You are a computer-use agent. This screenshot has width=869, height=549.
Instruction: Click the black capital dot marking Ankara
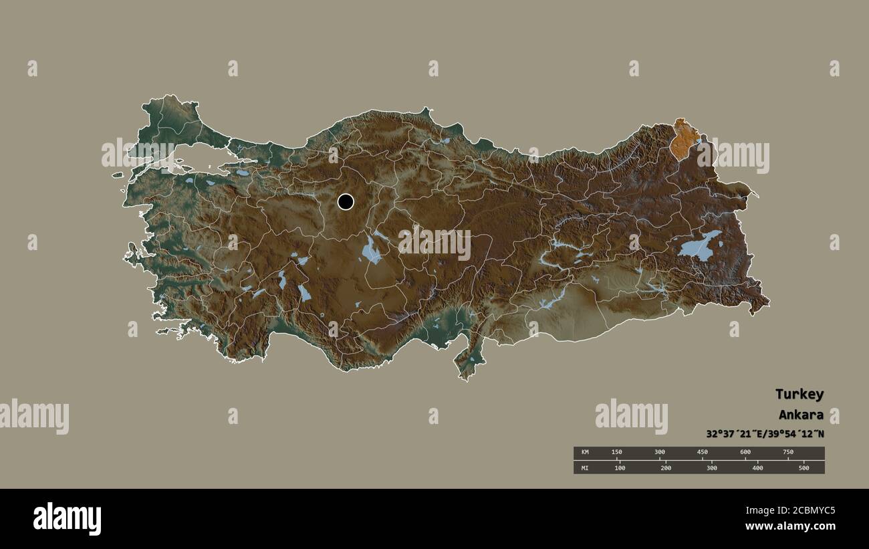(x=346, y=201)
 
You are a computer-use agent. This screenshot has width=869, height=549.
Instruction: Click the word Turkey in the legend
(x=799, y=394)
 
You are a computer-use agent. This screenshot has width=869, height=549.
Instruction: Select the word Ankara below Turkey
(x=801, y=415)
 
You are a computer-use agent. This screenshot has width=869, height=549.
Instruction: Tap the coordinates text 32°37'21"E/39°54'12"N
(x=765, y=433)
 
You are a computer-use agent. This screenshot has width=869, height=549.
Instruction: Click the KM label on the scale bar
(x=584, y=453)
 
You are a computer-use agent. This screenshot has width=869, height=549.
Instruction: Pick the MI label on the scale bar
(x=584, y=468)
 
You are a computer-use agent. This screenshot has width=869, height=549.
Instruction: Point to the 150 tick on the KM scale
(x=617, y=453)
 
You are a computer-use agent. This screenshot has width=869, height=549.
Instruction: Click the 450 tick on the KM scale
(x=703, y=453)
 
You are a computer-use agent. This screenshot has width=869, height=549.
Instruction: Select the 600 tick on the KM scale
(x=745, y=453)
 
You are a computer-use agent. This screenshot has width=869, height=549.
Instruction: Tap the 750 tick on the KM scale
(x=788, y=453)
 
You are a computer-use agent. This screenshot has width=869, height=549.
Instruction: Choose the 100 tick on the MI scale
(x=620, y=468)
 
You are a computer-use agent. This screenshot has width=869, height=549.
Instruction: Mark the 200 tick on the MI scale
(x=666, y=468)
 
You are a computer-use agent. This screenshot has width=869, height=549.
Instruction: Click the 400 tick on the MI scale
(x=757, y=468)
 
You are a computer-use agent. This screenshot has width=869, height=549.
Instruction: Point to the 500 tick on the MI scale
(x=803, y=468)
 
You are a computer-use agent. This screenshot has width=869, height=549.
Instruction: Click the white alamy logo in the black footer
(x=67, y=519)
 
